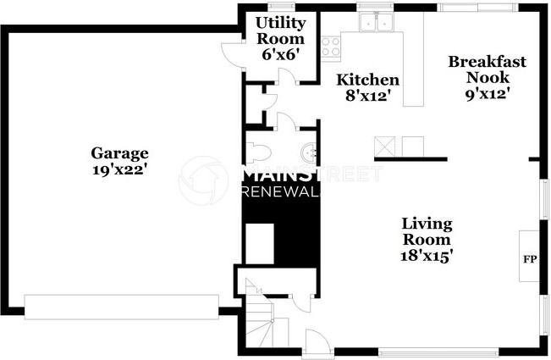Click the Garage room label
[119, 153]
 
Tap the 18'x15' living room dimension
[427, 255]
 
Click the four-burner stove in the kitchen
[330, 46]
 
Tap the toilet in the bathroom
[259, 152]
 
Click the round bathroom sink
[309, 153]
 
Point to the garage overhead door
[122, 307]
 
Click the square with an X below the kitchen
[385, 147]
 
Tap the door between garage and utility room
[229, 55]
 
